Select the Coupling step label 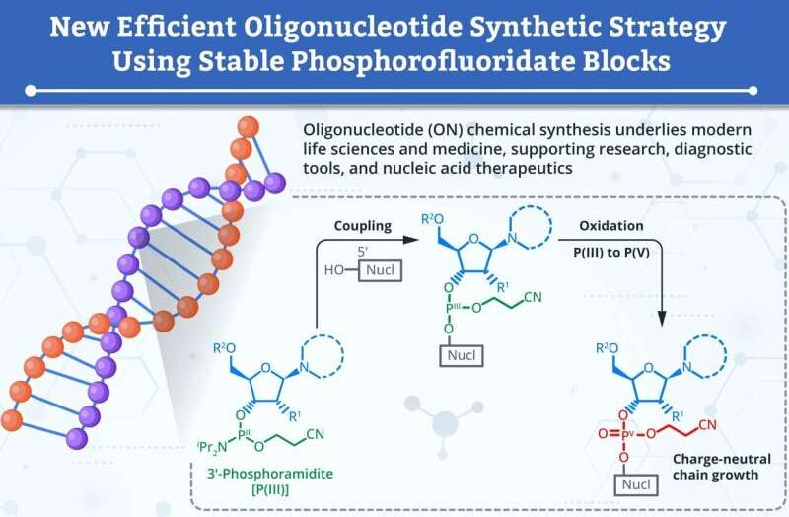click(x=363, y=226)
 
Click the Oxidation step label click(x=610, y=226)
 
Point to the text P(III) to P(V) click(x=611, y=252)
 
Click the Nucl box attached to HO click(x=380, y=270)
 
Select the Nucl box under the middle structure click(x=462, y=355)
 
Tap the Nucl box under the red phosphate click(x=636, y=484)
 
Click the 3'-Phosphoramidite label click(x=270, y=474)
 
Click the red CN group click(x=707, y=425)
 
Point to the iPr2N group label click(x=213, y=447)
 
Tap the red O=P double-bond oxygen click(x=603, y=433)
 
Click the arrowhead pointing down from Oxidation click(x=662, y=318)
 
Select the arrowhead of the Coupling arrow click(x=411, y=240)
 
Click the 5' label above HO click(x=362, y=252)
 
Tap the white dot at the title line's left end click(x=31, y=91)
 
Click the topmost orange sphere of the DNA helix click(x=249, y=127)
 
